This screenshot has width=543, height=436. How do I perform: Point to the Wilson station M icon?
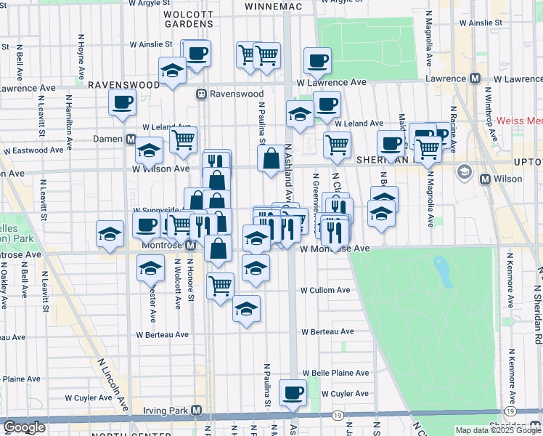486,178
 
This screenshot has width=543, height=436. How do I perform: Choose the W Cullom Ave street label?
326,290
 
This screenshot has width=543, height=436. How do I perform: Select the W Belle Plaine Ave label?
335,373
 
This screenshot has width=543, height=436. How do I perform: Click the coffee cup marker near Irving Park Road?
293,392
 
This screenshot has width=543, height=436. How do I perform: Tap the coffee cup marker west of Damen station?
123,102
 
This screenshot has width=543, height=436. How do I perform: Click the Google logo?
24,428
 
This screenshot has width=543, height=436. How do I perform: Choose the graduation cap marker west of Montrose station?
110,235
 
